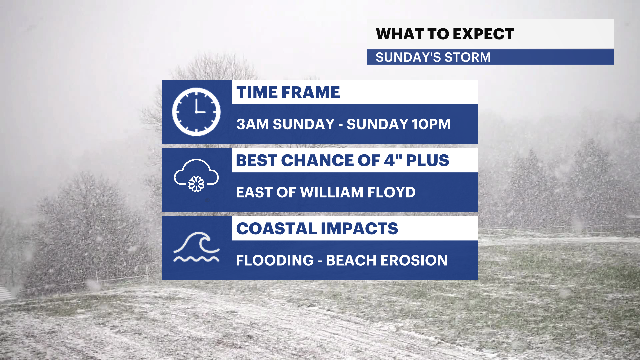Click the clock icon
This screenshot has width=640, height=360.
pyautogui.click(x=196, y=112)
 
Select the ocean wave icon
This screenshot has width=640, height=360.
pyautogui.click(x=196, y=247)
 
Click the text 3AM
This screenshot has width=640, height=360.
pyautogui.click(x=252, y=124)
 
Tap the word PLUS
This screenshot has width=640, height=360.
pyautogui.click(x=428, y=160)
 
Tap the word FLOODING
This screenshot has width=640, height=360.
pyautogui.click(x=275, y=260)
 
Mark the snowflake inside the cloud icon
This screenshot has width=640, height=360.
pyautogui.click(x=196, y=184)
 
